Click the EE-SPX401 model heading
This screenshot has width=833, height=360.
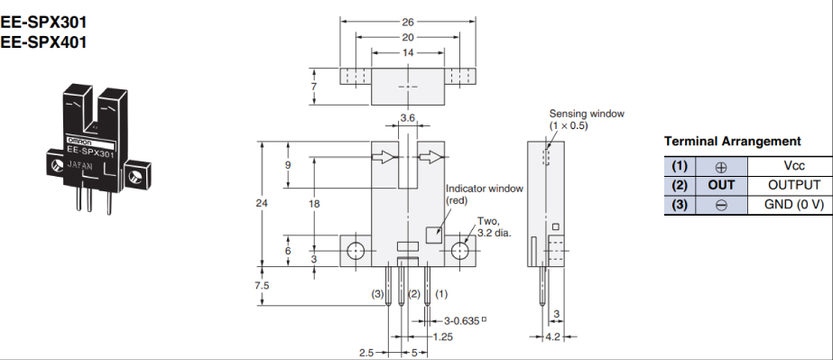coord(43,42)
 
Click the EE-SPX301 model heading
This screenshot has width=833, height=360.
coord(43,23)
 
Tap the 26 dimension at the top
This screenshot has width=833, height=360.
coord(408,22)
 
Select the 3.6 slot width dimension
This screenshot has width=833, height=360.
coord(407,118)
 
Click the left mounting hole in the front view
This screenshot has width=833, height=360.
coord(355,251)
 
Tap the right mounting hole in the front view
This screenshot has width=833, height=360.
coord(460,251)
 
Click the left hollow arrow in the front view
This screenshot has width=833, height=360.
coord(384,157)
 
